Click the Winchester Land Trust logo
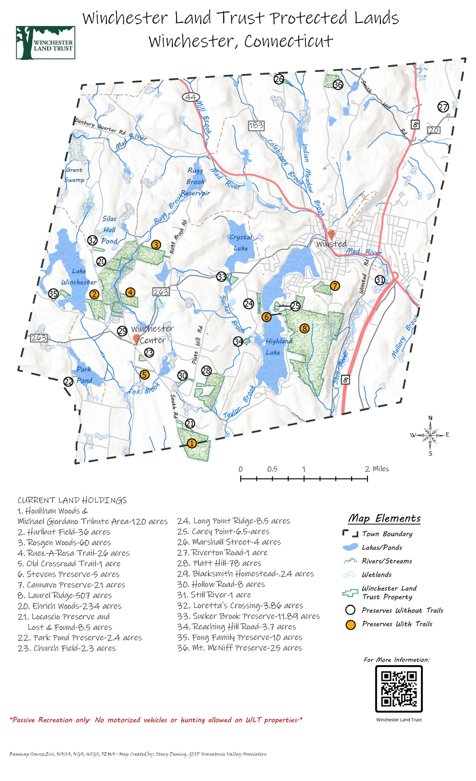(45, 43)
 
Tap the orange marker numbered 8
(304, 328)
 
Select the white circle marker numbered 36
(338, 85)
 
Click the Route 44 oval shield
(190, 97)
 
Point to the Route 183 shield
(256, 125)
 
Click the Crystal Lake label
(241, 243)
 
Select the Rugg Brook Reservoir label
(195, 182)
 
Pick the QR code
(399, 689)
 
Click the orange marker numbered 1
(191, 443)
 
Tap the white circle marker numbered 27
(443, 107)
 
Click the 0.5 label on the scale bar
(272, 469)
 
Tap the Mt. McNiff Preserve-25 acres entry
(240, 648)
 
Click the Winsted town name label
(331, 244)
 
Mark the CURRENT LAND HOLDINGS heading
(72, 501)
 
